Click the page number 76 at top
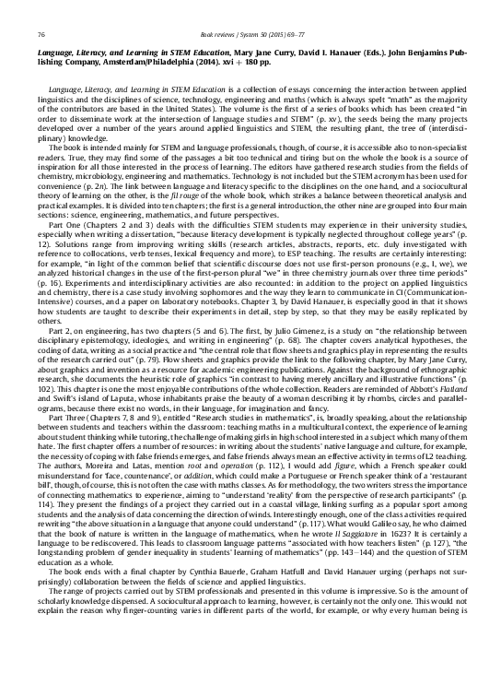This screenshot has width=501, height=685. click(x=41, y=34)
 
